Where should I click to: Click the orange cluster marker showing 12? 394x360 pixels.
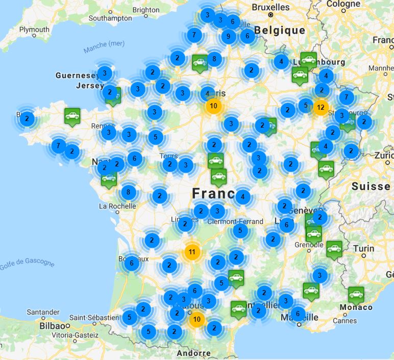coord(321,108)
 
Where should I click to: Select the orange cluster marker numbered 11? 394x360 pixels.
coord(192,252)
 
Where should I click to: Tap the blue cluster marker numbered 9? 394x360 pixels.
coord(228,36)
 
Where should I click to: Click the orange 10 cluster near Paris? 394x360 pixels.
coord(214,106)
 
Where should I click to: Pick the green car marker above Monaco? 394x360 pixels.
coord(356,294)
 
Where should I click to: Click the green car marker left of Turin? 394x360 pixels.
coord(334,249)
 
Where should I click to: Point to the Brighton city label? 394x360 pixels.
coord(145,10)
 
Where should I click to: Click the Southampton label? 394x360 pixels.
coord(110,18)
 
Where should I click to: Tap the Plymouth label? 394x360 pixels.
coord(34,29)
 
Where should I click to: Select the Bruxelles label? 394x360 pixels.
coord(270,7)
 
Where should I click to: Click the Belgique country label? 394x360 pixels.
coord(280,31)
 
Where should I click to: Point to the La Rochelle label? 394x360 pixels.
coord(117,206)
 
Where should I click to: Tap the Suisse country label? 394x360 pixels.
coord(371,186)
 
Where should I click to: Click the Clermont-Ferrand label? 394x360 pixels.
coord(236,222)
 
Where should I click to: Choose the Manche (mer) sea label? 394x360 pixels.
coord(104,46)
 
